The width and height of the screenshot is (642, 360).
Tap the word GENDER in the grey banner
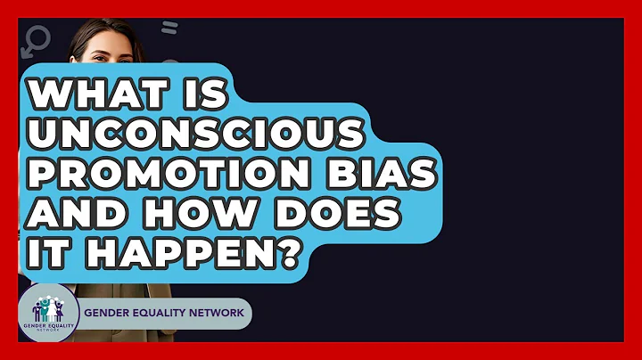[109, 315]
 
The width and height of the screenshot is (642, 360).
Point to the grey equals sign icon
[169, 28]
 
